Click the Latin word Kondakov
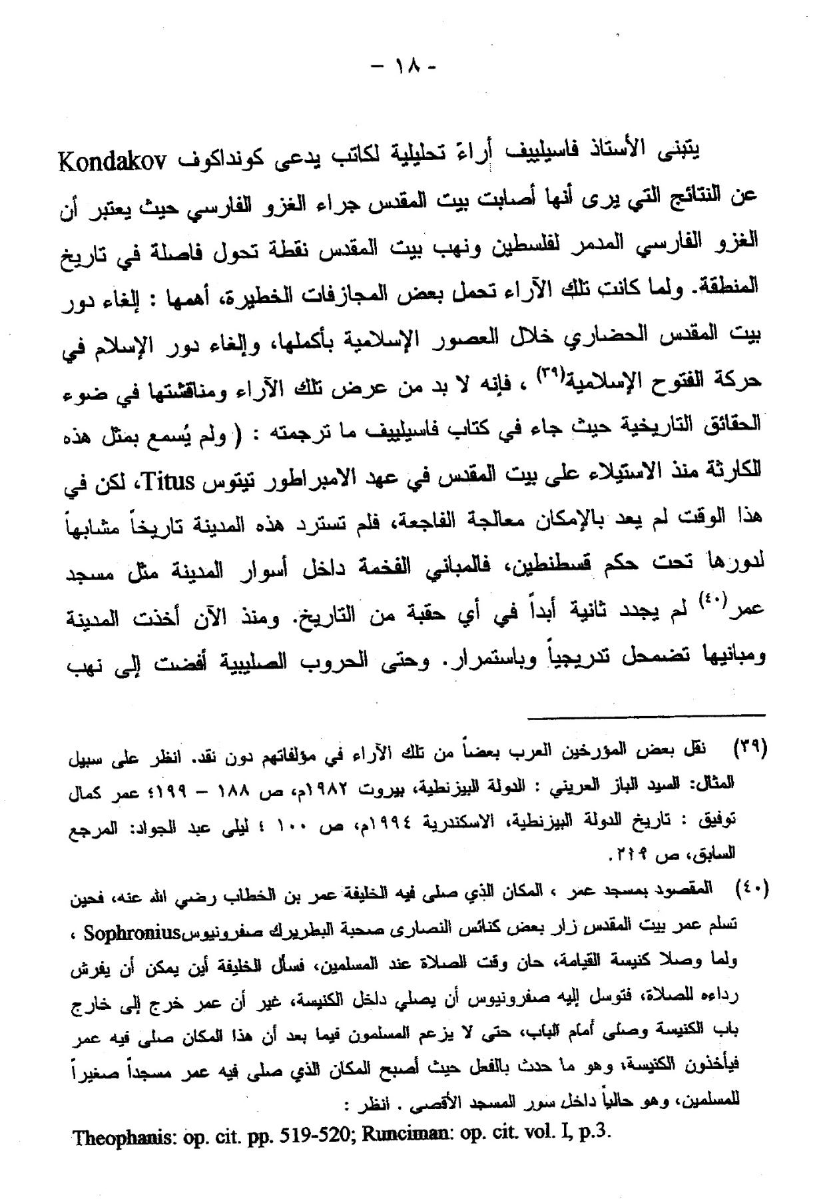click(113, 162)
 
